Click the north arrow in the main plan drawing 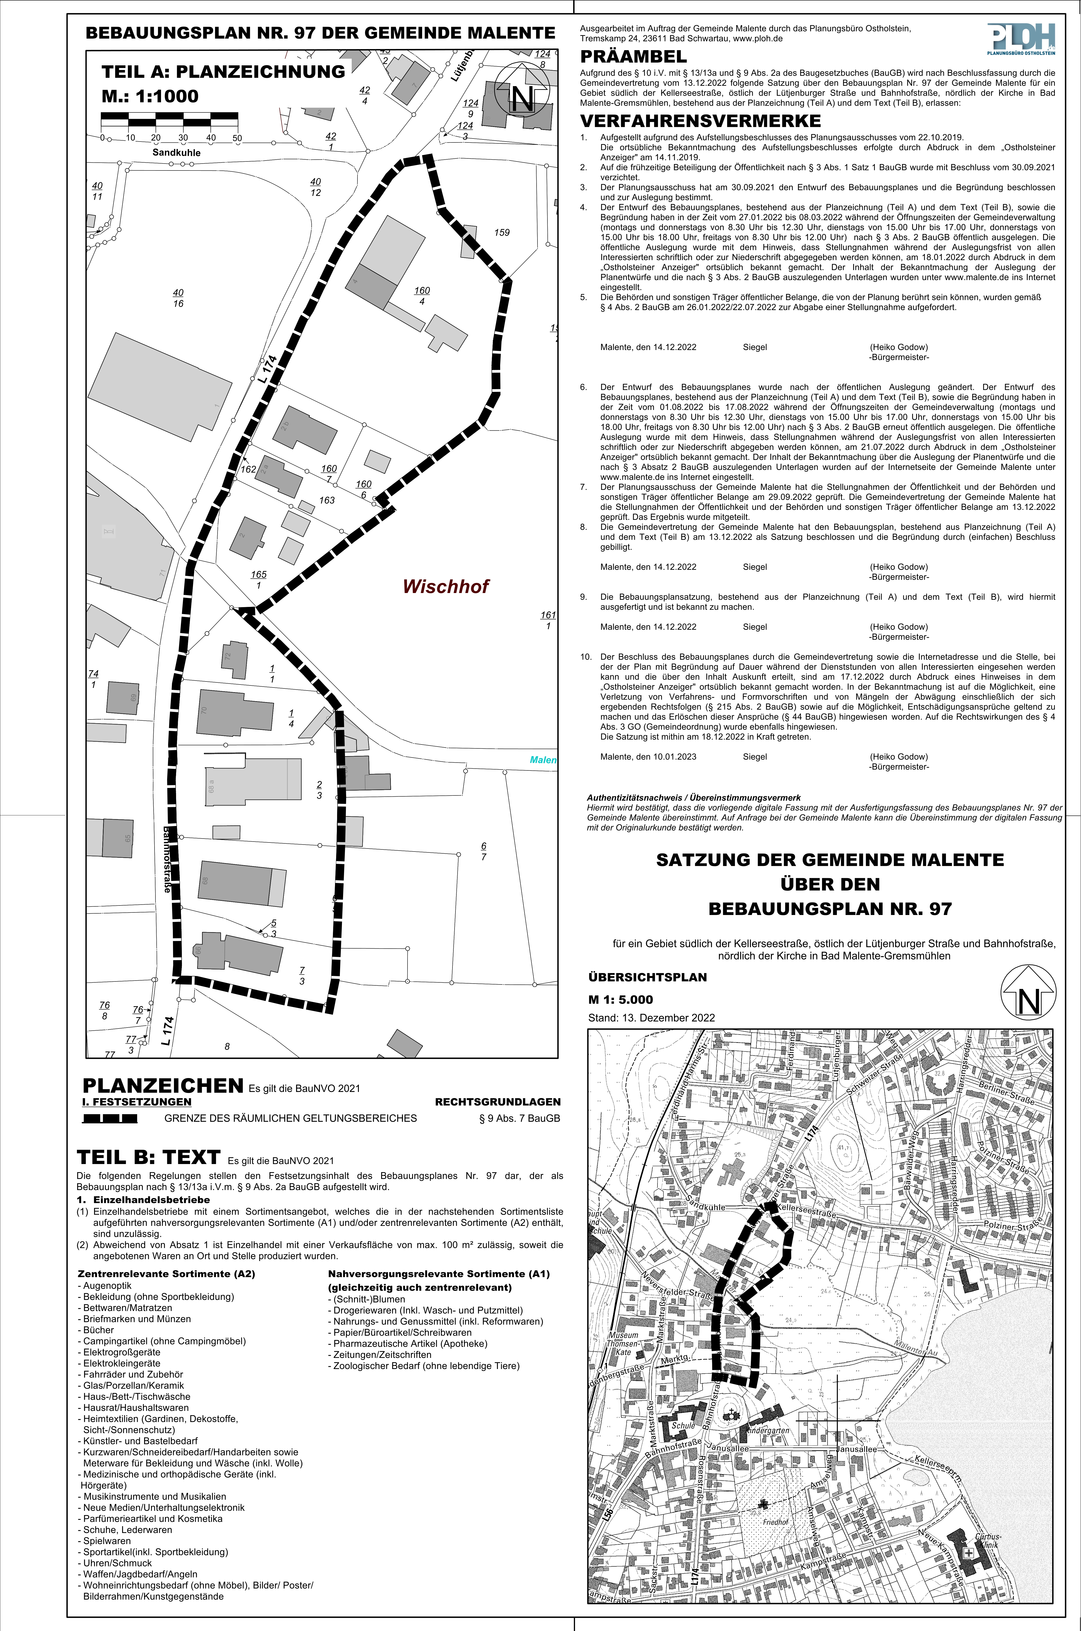523,97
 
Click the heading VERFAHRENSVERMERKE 700,121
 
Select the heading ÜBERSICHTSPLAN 647,977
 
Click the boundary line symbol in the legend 110,1118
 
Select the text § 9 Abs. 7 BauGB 519,1118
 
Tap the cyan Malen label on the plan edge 543,760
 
